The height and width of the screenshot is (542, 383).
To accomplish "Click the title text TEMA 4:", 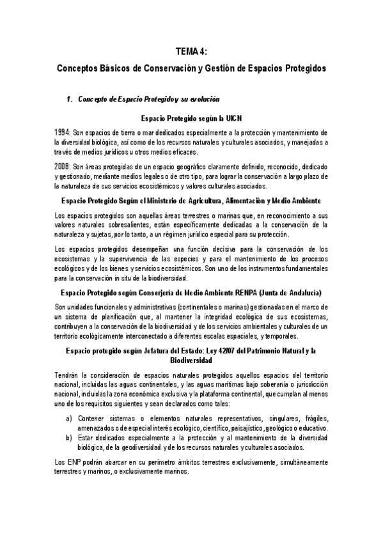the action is (x=191, y=52).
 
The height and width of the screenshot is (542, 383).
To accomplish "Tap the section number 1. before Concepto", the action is (x=70, y=100).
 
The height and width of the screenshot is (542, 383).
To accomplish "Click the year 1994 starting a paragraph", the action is (x=63, y=132).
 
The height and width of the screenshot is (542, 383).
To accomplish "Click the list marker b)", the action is (x=69, y=438).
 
